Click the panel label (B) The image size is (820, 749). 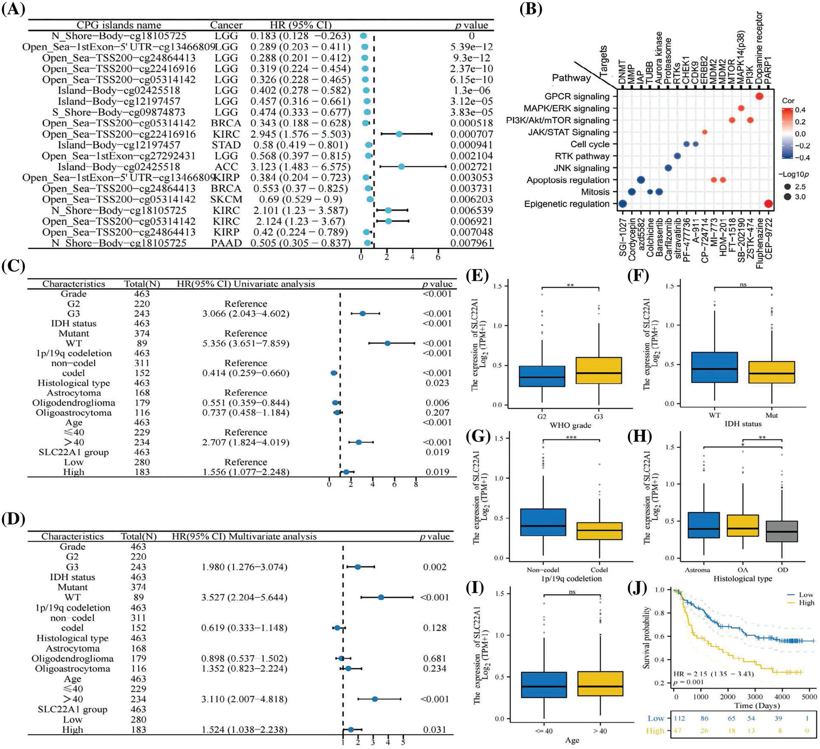point(530,9)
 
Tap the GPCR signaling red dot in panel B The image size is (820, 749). point(759,96)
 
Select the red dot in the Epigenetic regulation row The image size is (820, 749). point(768,204)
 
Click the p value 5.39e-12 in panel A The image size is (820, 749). point(471,47)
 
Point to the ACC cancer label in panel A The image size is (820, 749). point(226,167)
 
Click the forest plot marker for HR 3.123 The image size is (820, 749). point(401,167)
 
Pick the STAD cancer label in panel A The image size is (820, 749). point(226,145)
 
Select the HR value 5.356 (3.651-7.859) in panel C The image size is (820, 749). point(246,343)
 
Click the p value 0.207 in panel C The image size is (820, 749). point(437,412)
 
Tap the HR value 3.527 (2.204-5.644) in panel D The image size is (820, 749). point(244,598)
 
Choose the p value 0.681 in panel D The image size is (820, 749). point(434,659)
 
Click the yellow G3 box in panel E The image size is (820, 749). point(598,370)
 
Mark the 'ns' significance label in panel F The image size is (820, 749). point(743,284)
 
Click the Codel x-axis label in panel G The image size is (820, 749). point(599,570)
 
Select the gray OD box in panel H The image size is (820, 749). point(782,537)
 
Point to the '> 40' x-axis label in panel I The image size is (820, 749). point(600,731)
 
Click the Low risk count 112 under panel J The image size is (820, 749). point(679,718)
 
